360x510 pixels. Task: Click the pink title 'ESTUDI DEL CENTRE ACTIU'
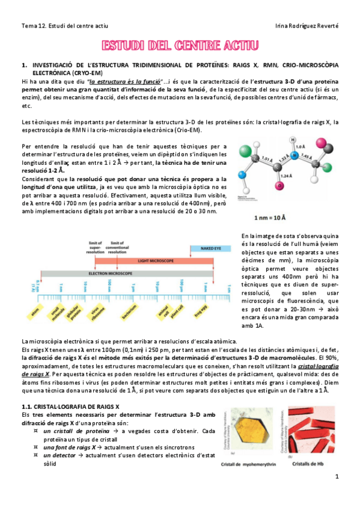click(180, 46)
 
